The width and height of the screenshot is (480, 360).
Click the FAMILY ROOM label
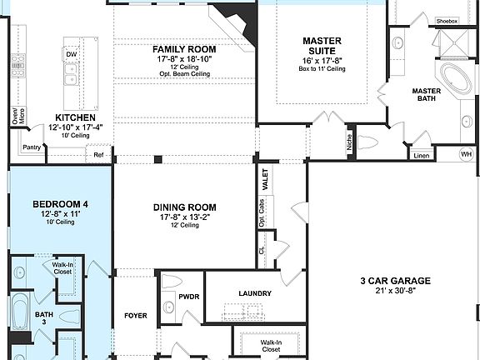coord(185,49)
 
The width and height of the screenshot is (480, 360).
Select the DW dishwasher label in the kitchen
coord(71,55)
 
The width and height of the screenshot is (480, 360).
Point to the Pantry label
coord(32,147)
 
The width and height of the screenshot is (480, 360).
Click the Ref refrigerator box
coord(98,154)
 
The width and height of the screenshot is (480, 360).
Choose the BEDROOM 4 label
coord(59,204)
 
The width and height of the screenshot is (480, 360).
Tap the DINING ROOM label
coord(184,207)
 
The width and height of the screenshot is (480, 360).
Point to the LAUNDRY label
coord(254,293)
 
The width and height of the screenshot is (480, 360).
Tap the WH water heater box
coord(467,153)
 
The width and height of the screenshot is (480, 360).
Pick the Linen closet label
coord(421,155)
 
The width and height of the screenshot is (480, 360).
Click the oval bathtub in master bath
coord(455,81)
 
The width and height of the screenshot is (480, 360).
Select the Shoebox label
coord(447,22)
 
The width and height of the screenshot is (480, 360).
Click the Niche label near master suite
coord(348,142)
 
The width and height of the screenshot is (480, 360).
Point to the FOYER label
coord(136,316)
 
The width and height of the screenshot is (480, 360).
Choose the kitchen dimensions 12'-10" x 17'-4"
coord(75,127)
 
